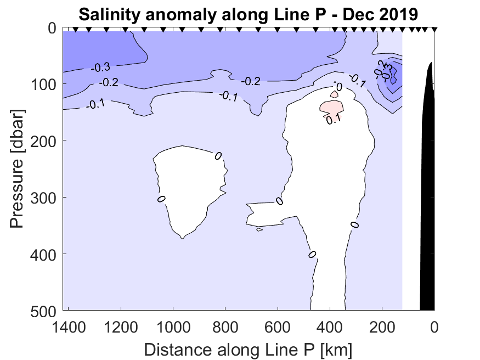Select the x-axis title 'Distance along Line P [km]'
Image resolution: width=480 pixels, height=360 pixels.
248,348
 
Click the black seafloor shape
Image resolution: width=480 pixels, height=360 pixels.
427,192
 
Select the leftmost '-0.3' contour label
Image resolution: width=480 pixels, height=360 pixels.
100,67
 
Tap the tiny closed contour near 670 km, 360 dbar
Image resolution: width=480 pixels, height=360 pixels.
259,229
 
